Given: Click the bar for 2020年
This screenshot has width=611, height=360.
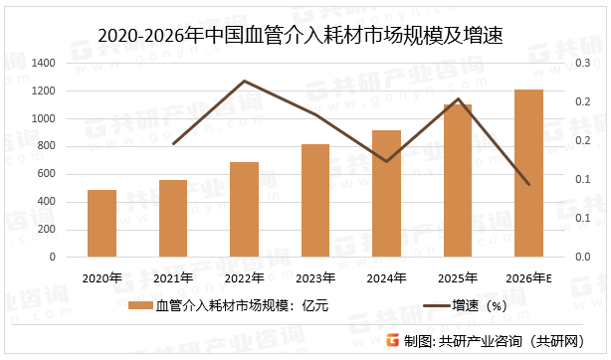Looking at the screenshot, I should [x=102, y=223].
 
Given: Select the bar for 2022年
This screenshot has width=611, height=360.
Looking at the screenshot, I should [x=244, y=209].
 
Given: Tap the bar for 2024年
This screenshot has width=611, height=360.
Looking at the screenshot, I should [x=386, y=193].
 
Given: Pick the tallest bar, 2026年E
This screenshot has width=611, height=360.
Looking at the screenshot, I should [x=528, y=173].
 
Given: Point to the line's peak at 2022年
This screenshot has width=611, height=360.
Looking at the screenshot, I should [x=244, y=81].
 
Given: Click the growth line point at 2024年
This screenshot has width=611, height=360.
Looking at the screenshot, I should [x=386, y=161].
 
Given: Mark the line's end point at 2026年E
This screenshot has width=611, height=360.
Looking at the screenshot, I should [x=528, y=185].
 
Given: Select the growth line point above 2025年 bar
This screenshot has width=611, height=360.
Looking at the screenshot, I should [x=458, y=99].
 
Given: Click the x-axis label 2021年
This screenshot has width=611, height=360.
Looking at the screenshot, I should [x=173, y=277].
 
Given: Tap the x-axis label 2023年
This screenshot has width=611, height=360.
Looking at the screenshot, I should [x=315, y=277].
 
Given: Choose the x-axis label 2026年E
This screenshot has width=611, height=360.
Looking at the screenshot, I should [x=528, y=277].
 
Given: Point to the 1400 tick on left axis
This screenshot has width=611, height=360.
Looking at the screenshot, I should [x=43, y=63].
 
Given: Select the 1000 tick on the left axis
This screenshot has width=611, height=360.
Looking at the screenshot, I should [x=43, y=118].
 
